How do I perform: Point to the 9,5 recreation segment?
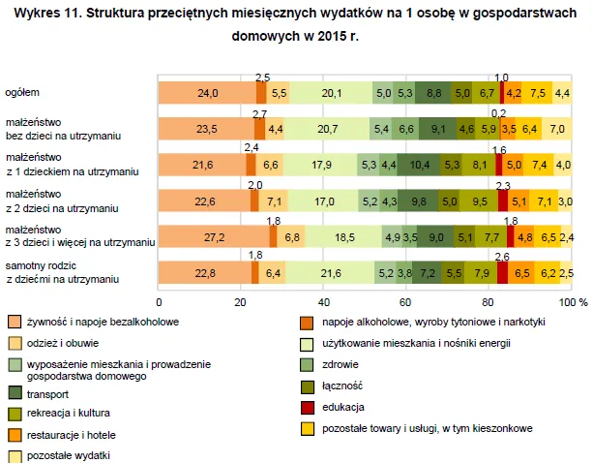(479, 201)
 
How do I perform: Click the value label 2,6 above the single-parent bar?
(501, 257)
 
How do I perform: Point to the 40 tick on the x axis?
(324, 302)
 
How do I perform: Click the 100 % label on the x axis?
(575, 302)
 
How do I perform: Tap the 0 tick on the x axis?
(159, 302)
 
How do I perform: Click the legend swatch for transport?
(15, 392)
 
